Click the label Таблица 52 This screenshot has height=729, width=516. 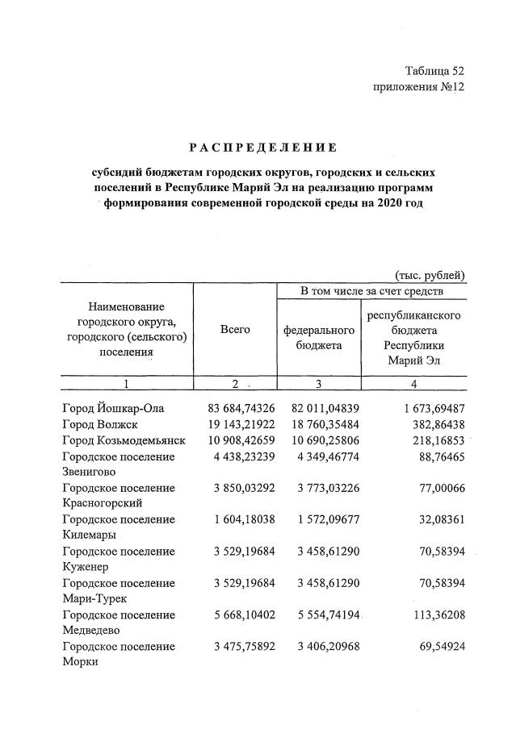point(434,71)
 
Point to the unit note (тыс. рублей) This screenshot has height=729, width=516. point(430,275)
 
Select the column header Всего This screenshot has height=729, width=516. point(235,330)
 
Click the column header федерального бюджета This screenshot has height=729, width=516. point(319,338)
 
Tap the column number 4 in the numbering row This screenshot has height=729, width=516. point(413,384)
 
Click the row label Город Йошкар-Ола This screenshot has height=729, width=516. point(112,409)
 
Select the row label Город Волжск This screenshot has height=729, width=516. point(100,425)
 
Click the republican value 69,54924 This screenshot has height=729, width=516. point(438,646)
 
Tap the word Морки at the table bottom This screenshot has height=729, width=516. point(80,661)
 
